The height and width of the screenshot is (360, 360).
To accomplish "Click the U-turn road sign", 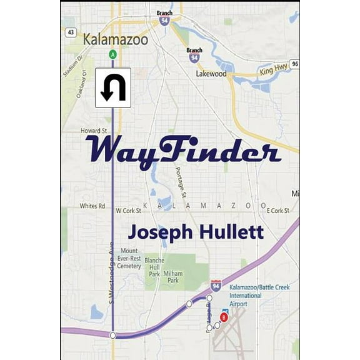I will (113, 87).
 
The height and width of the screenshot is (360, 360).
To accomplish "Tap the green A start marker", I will (112, 54).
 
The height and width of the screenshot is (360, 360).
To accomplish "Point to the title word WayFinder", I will (182, 151).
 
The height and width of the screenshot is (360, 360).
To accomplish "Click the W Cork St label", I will (129, 211).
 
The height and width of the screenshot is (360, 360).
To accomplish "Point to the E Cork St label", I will (279, 211).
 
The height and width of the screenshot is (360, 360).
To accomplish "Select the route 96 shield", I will (294, 63).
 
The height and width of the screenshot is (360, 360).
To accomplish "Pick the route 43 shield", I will (71, 32).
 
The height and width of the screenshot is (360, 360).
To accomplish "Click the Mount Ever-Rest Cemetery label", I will (129, 259).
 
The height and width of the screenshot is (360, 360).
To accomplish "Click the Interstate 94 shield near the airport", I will (216, 286).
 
